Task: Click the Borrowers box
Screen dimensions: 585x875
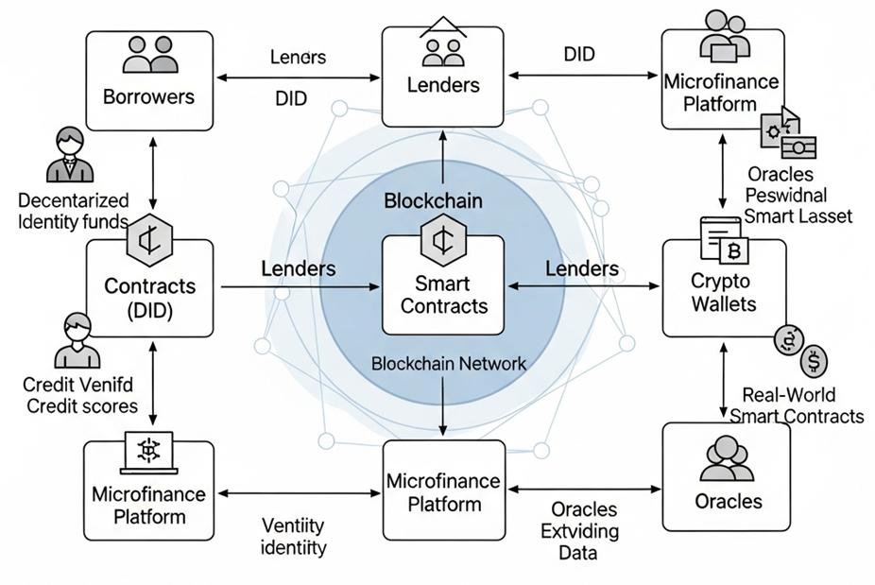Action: click(149, 80)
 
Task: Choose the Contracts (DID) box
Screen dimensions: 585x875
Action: click(149, 288)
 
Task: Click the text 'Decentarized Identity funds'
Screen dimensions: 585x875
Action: click(73, 211)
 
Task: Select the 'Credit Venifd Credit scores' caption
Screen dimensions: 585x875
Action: click(81, 395)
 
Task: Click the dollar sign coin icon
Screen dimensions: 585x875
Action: click(814, 360)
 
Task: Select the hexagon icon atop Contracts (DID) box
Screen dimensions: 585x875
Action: click(149, 236)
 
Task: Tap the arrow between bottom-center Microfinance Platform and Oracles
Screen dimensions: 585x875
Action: click(585, 490)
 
